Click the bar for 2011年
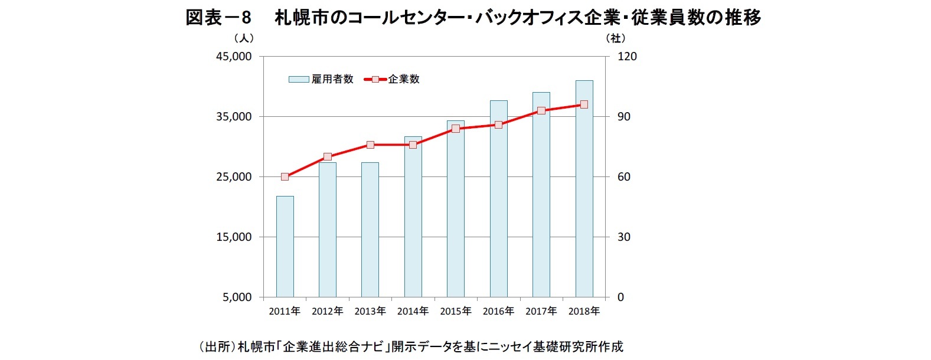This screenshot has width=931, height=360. click(285, 247)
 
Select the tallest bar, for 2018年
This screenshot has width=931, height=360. click(584, 189)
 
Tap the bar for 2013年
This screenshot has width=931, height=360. click(370, 230)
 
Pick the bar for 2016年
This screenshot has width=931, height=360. click(498, 199)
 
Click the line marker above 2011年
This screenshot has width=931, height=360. click(285, 176)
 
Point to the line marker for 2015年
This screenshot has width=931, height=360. click(456, 129)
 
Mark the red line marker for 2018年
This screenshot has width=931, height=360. click(584, 104)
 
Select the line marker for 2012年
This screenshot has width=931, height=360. click(328, 157)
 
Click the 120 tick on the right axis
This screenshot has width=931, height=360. click(627, 57)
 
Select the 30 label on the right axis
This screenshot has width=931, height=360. click(623, 237)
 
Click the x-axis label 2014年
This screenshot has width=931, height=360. click(413, 311)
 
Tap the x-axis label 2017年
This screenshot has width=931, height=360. click(541, 311)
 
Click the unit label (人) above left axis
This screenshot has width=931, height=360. click(244, 38)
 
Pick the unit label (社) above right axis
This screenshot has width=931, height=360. click(616, 38)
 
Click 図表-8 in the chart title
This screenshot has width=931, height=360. click(218, 18)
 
